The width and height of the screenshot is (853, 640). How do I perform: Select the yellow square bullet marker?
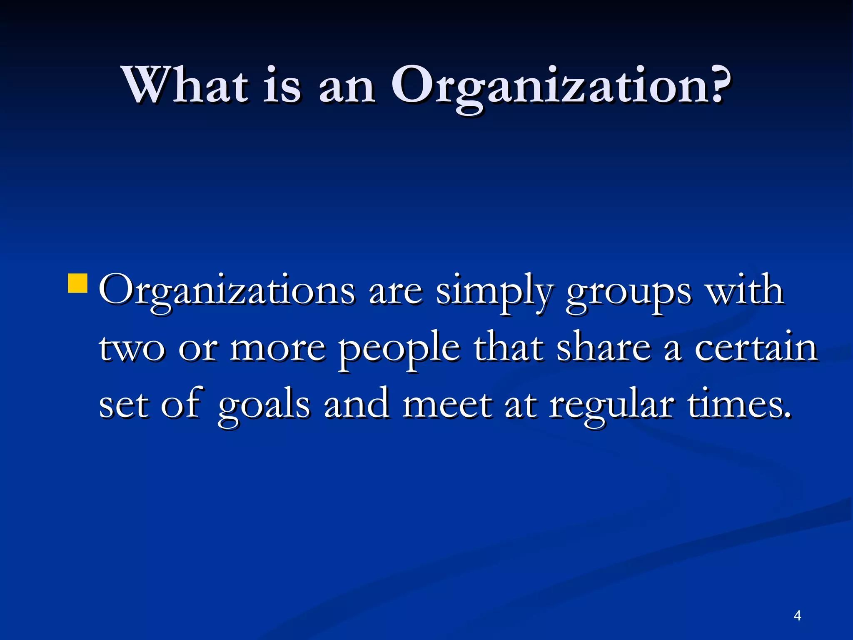pos(77,283)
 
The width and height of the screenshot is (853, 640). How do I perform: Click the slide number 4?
pos(797,615)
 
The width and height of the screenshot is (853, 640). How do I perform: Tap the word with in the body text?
pos(746,290)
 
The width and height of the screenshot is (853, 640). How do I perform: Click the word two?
pos(132,348)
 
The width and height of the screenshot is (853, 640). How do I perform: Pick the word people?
pos(399,349)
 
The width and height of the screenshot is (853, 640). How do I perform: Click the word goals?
pos(264,405)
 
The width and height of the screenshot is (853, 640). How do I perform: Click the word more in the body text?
pos(278,348)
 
